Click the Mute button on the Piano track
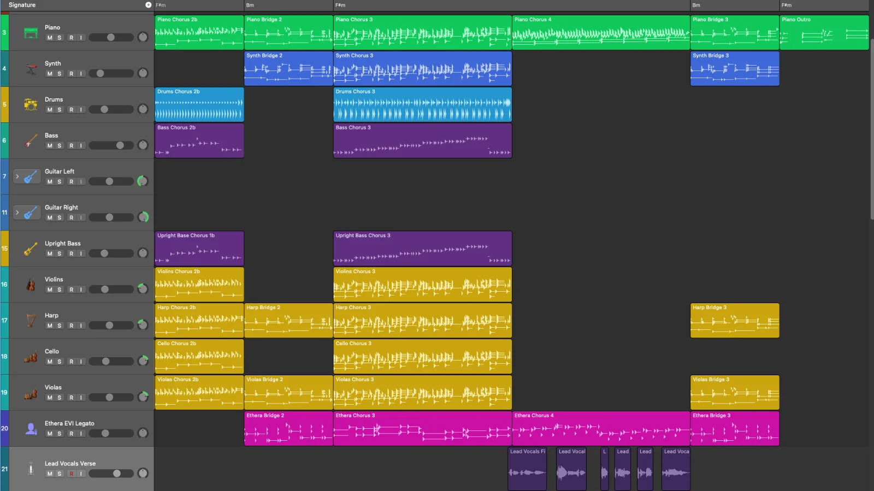[50, 38]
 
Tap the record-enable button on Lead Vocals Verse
[71, 474]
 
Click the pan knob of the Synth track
[143, 73]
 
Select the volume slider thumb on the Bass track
[120, 145]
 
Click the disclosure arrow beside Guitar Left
[17, 176]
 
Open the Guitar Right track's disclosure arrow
[17, 212]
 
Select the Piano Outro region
[824, 33]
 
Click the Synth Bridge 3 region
[734, 69]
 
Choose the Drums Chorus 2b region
[199, 105]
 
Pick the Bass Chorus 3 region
[422, 141]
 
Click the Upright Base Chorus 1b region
[199, 249]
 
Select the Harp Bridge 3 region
[734, 321]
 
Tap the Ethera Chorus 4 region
[601, 429]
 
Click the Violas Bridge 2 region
[288, 393]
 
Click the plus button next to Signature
[148, 5]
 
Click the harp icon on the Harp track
[31, 321]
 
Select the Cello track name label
[52, 351]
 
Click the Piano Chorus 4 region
[601, 33]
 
